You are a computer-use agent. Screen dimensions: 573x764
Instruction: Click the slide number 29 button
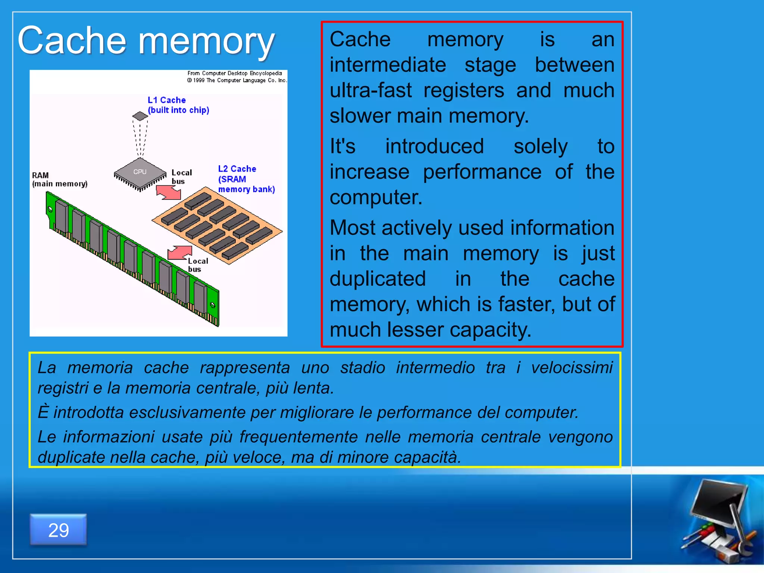pyautogui.click(x=58, y=530)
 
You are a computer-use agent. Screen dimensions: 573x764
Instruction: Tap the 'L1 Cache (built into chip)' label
pyautogui.click(x=178, y=105)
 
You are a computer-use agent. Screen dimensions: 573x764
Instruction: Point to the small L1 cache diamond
pyautogui.click(x=140, y=116)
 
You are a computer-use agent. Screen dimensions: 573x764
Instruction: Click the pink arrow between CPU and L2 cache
pyautogui.click(x=169, y=192)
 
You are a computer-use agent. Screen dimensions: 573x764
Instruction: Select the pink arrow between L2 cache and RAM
pyautogui.click(x=180, y=253)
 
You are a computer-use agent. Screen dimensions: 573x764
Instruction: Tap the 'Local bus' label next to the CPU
pyautogui.click(x=181, y=177)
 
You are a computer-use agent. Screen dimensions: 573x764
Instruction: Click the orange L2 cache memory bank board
pyautogui.click(x=217, y=226)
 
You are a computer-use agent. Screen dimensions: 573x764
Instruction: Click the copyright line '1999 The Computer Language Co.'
pyautogui.click(x=237, y=80)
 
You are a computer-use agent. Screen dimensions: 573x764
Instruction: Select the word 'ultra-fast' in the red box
pyautogui.click(x=370, y=90)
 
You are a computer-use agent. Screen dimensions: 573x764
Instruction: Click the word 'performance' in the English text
pyautogui.click(x=482, y=172)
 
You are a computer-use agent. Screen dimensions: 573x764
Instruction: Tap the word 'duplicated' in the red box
pyautogui.click(x=378, y=279)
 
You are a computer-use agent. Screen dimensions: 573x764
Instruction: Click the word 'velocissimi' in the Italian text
pyautogui.click(x=572, y=367)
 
